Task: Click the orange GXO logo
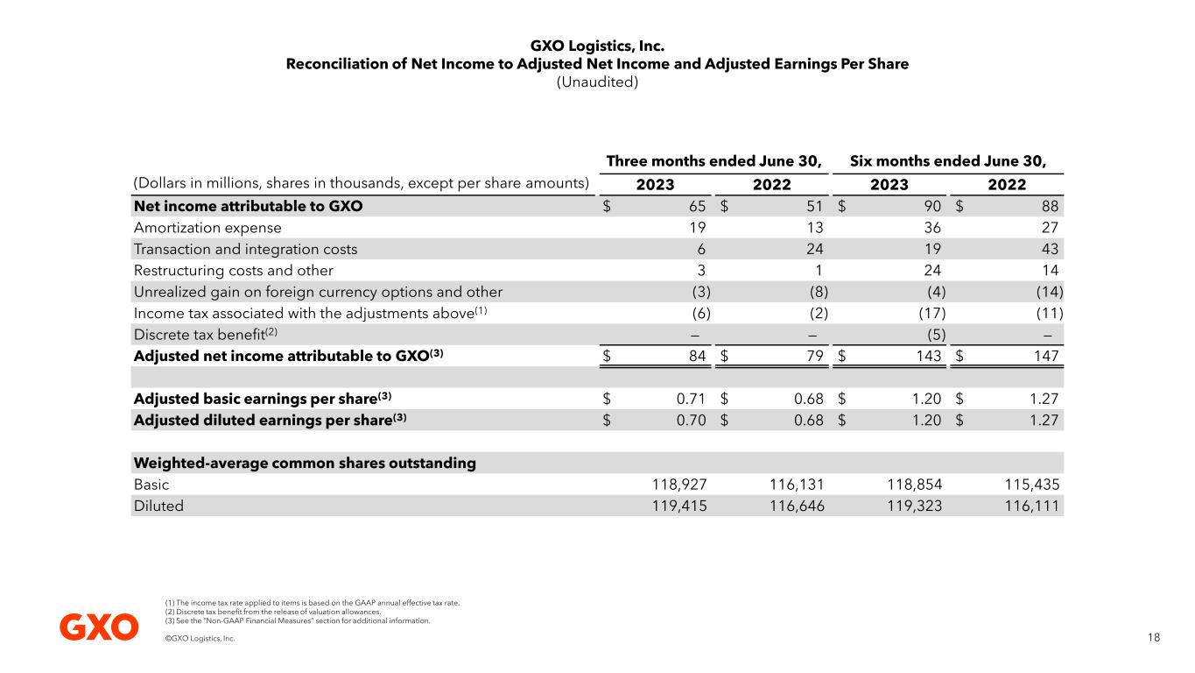click(99, 627)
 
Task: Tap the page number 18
click(1153, 638)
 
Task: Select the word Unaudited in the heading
click(597, 82)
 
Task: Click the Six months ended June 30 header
click(948, 161)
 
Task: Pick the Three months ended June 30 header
click(714, 161)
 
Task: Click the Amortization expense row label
click(207, 228)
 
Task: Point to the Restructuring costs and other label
click(233, 271)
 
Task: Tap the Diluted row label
click(158, 506)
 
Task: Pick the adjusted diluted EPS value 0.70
click(691, 420)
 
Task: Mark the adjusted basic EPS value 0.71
click(691, 399)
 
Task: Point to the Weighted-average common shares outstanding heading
click(305, 463)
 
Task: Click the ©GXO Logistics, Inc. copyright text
click(200, 639)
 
